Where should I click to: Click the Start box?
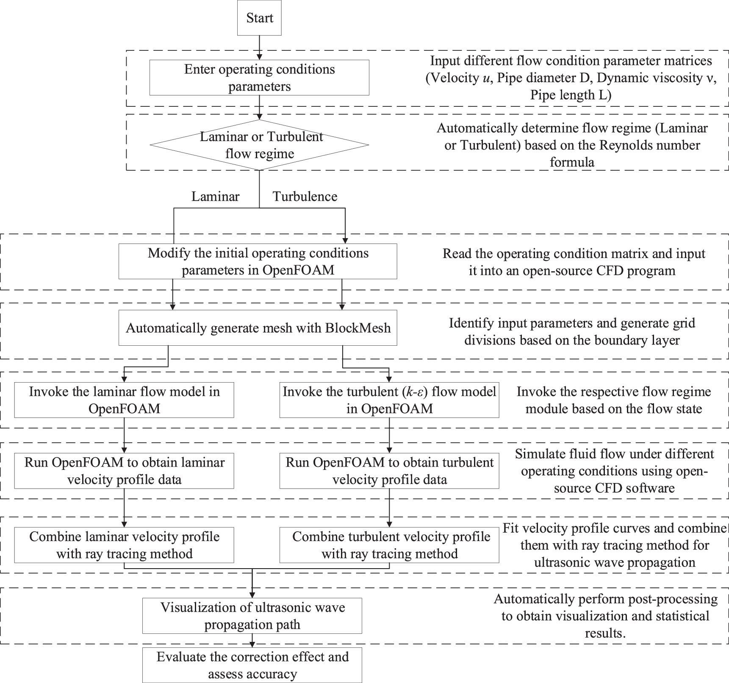pyautogui.click(x=259, y=18)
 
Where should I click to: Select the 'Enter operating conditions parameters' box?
pyautogui.click(x=259, y=78)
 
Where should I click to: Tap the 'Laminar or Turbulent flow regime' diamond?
pyautogui.click(x=259, y=145)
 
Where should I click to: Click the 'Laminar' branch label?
pyautogui.click(x=215, y=197)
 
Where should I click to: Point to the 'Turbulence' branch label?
pyautogui.click(x=305, y=197)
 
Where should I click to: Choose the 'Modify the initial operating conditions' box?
pyautogui.click(x=258, y=261)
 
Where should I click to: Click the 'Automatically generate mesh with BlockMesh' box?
pyautogui.click(x=258, y=328)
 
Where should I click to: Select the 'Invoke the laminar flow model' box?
pyautogui.click(x=124, y=400)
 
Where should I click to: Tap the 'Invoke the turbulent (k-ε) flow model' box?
pyautogui.click(x=389, y=400)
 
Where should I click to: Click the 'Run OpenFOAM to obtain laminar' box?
pyautogui.click(x=124, y=471)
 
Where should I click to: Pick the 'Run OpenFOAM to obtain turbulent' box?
pyautogui.click(x=389, y=471)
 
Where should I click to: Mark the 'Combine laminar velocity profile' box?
pyautogui.click(x=124, y=545)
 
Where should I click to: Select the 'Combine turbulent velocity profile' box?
pyautogui.click(x=389, y=545)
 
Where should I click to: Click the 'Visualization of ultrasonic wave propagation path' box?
pyautogui.click(x=252, y=616)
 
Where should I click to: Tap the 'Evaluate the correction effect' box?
pyautogui.click(x=252, y=665)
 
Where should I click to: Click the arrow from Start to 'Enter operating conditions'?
pyautogui.click(x=259, y=47)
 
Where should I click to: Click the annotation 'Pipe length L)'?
pyautogui.click(x=571, y=95)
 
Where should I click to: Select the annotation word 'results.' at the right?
pyautogui.click(x=605, y=633)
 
